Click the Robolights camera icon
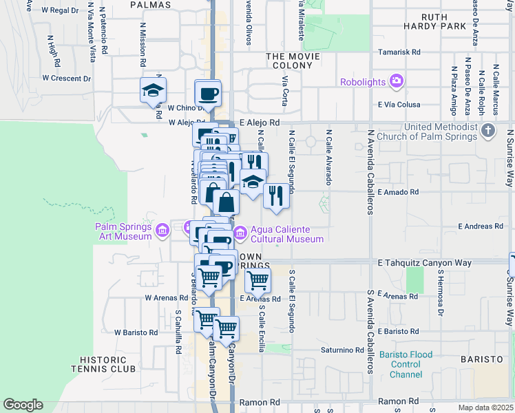tap(396, 82)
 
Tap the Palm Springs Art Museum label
tap(123, 232)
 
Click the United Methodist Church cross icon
tap(487, 130)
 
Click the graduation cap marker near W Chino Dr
tap(153, 90)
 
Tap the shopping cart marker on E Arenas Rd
tap(257, 279)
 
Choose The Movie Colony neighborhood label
tap(289, 61)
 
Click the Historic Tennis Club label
tap(108, 364)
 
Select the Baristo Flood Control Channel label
tap(406, 365)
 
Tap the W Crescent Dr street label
tap(66, 78)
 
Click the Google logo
tap(22, 405)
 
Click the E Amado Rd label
tap(398, 193)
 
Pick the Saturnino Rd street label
tap(342, 350)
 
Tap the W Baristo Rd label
tap(136, 332)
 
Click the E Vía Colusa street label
tap(399, 105)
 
